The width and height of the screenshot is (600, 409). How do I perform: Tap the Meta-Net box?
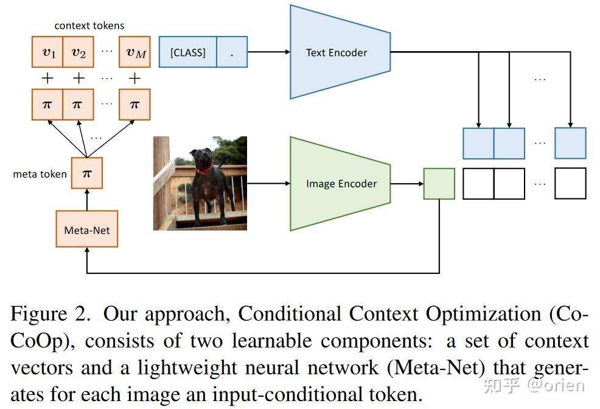pyautogui.click(x=86, y=229)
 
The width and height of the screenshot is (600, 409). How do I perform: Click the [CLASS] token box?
pyautogui.click(x=187, y=52)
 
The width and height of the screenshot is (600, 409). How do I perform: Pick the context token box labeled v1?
pyautogui.click(x=47, y=52)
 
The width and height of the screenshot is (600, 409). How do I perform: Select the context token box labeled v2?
pyautogui.click(x=78, y=52)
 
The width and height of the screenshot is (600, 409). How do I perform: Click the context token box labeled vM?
pyautogui.click(x=135, y=52)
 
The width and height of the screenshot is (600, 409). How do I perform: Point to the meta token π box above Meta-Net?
pyautogui.click(x=86, y=173)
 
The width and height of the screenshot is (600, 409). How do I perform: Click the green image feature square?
pyautogui.click(x=439, y=184)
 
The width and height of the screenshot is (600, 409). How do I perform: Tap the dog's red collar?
pyautogui.click(x=203, y=170)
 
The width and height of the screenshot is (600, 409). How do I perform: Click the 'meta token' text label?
pyautogui.click(x=40, y=174)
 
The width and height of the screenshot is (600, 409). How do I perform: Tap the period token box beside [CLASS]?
pyautogui.click(x=232, y=52)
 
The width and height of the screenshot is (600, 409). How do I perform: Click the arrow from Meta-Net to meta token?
pyautogui.click(x=86, y=200)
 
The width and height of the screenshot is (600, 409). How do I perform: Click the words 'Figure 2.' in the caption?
pyautogui.click(x=51, y=315)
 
